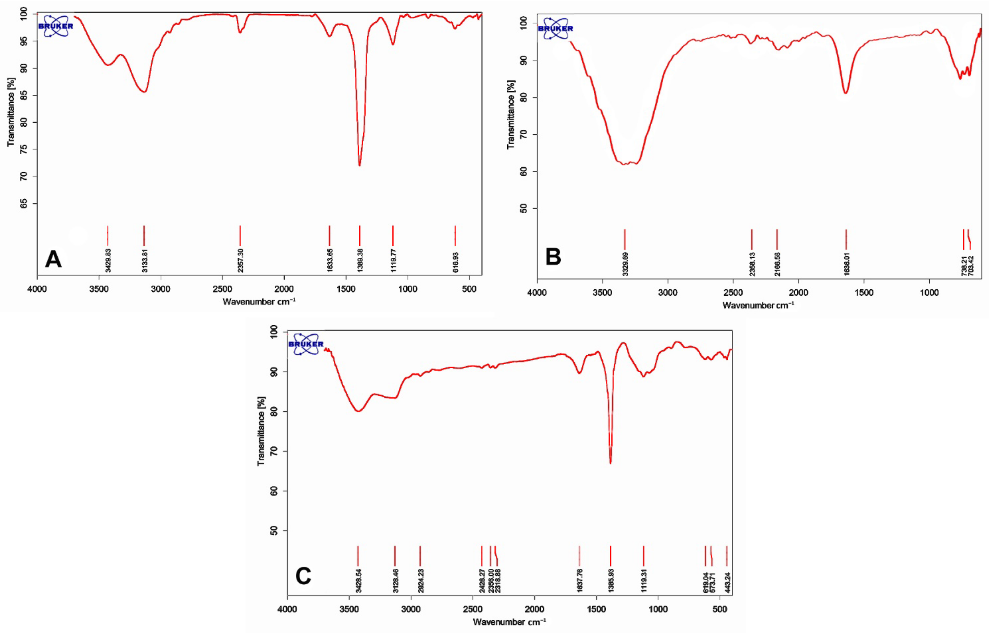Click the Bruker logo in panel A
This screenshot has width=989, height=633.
point(56,26)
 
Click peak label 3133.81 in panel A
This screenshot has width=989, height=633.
point(144,260)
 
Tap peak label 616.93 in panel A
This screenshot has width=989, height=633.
point(455,262)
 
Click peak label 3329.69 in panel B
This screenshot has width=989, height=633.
point(625,264)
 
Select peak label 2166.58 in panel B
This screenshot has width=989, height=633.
point(777,264)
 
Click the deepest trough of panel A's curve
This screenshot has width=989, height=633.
point(360,165)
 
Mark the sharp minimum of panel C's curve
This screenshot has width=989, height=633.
point(611,463)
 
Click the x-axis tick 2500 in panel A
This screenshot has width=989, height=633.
point(222,289)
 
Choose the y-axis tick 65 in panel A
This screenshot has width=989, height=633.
point(24,203)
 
